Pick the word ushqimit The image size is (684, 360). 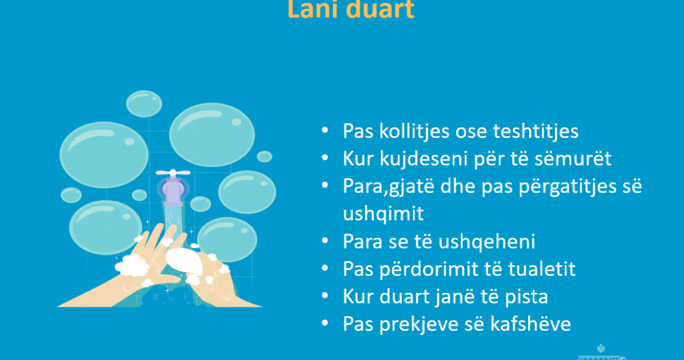[x=383, y=214]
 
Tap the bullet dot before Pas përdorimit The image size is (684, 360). [x=325, y=268]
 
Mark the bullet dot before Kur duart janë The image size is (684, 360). [x=325, y=296]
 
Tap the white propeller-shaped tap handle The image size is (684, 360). [x=173, y=172]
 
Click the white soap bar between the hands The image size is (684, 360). [x=184, y=261]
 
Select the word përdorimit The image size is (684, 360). [x=427, y=269]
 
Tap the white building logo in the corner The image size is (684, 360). [x=602, y=353]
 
